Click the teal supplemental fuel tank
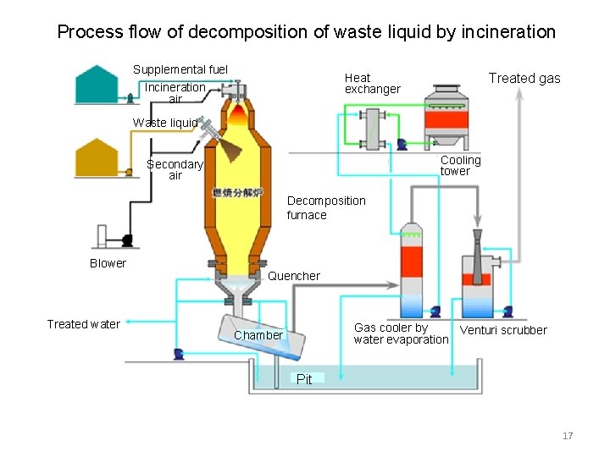(x=97, y=85)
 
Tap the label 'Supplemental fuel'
(x=180, y=69)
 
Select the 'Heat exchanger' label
(x=372, y=83)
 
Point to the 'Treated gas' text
(x=524, y=78)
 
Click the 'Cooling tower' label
(x=460, y=165)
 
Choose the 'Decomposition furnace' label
(x=326, y=207)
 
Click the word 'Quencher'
(x=293, y=276)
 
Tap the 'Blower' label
(x=108, y=263)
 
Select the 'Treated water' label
(x=83, y=324)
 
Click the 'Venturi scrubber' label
(x=503, y=330)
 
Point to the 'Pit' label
(x=304, y=379)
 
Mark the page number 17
(x=568, y=436)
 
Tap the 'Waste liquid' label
(x=165, y=123)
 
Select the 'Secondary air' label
(x=175, y=169)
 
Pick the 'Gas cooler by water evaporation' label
(x=401, y=333)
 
